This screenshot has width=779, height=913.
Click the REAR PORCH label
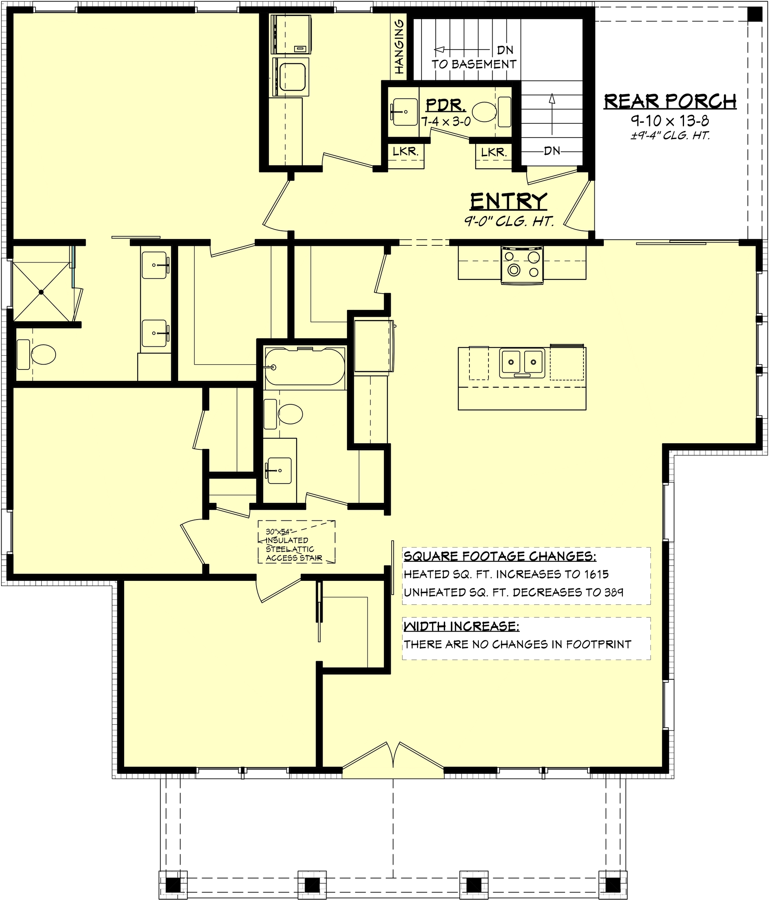[669, 101]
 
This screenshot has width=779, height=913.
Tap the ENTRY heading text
[508, 202]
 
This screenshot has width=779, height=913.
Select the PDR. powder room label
[445, 105]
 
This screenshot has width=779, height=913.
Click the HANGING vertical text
[399, 47]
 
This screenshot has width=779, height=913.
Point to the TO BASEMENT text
[473, 64]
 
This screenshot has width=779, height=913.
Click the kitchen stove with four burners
[522, 264]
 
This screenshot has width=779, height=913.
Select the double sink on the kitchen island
[522, 362]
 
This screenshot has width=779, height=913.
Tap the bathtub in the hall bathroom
[304, 366]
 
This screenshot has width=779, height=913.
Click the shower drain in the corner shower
[41, 292]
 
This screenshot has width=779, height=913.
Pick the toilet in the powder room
[484, 112]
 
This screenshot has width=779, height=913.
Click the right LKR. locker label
[493, 153]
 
